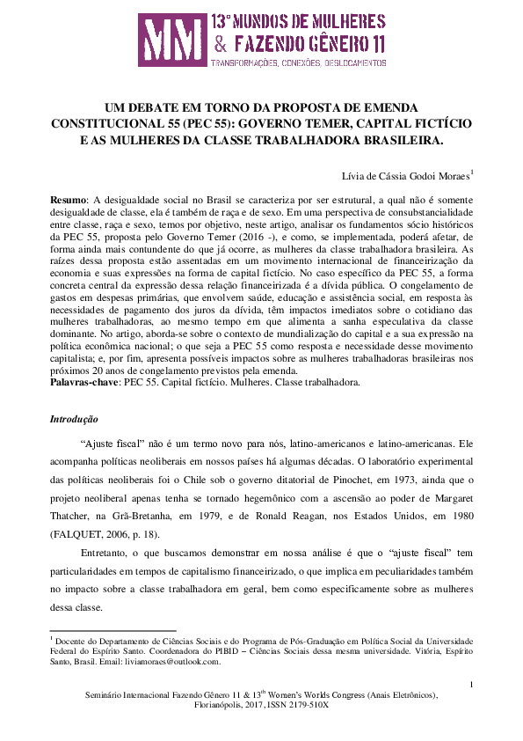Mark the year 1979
[236, 516]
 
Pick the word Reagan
[322, 516]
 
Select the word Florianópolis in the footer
[221, 705]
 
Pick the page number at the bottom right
[471, 684]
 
